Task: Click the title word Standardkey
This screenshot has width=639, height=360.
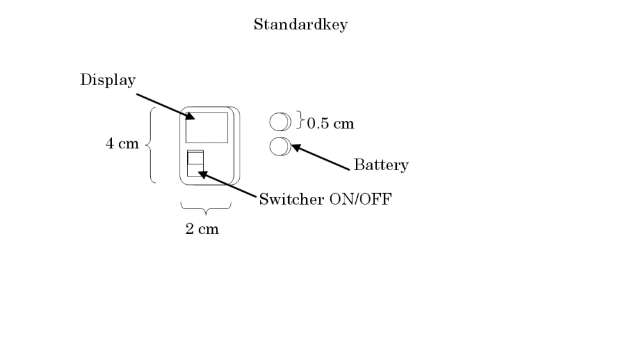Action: click(300, 25)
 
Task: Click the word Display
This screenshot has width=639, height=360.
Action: click(108, 80)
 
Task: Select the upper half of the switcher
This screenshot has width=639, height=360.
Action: click(195, 158)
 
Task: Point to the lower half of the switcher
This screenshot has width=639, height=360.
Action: click(195, 169)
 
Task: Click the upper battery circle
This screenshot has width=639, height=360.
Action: click(278, 121)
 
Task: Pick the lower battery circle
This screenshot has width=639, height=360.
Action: click(278, 146)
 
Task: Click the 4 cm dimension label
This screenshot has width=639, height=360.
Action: click(122, 144)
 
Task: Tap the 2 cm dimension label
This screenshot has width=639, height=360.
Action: click(202, 229)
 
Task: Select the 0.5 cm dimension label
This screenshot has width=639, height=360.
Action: click(330, 123)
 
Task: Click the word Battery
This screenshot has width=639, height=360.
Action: click(381, 165)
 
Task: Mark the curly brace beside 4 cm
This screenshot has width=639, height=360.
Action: click(150, 145)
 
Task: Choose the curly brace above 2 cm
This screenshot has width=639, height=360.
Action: click(206, 207)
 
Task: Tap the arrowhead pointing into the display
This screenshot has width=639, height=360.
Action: click(190, 116)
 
